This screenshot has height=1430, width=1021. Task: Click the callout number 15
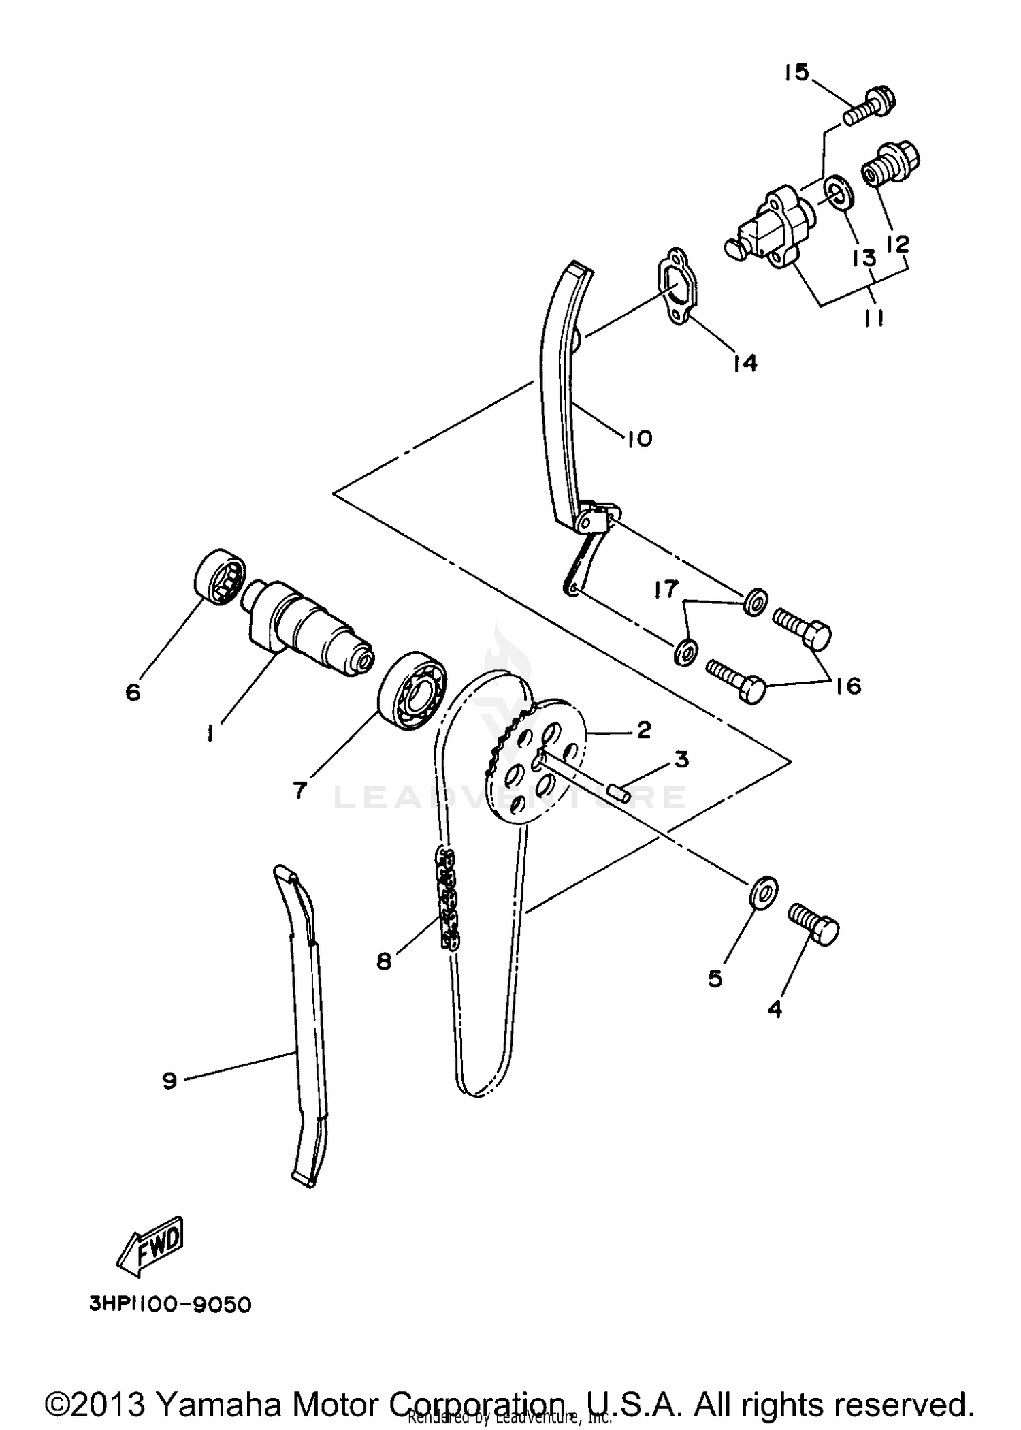click(x=796, y=72)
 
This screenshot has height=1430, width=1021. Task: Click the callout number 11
click(x=874, y=317)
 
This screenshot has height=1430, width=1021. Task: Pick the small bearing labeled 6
click(x=219, y=578)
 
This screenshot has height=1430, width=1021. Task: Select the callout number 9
click(x=169, y=1080)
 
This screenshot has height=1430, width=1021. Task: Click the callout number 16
click(x=849, y=685)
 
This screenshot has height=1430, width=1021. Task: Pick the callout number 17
click(x=666, y=588)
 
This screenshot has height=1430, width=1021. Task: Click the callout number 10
click(x=638, y=438)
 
